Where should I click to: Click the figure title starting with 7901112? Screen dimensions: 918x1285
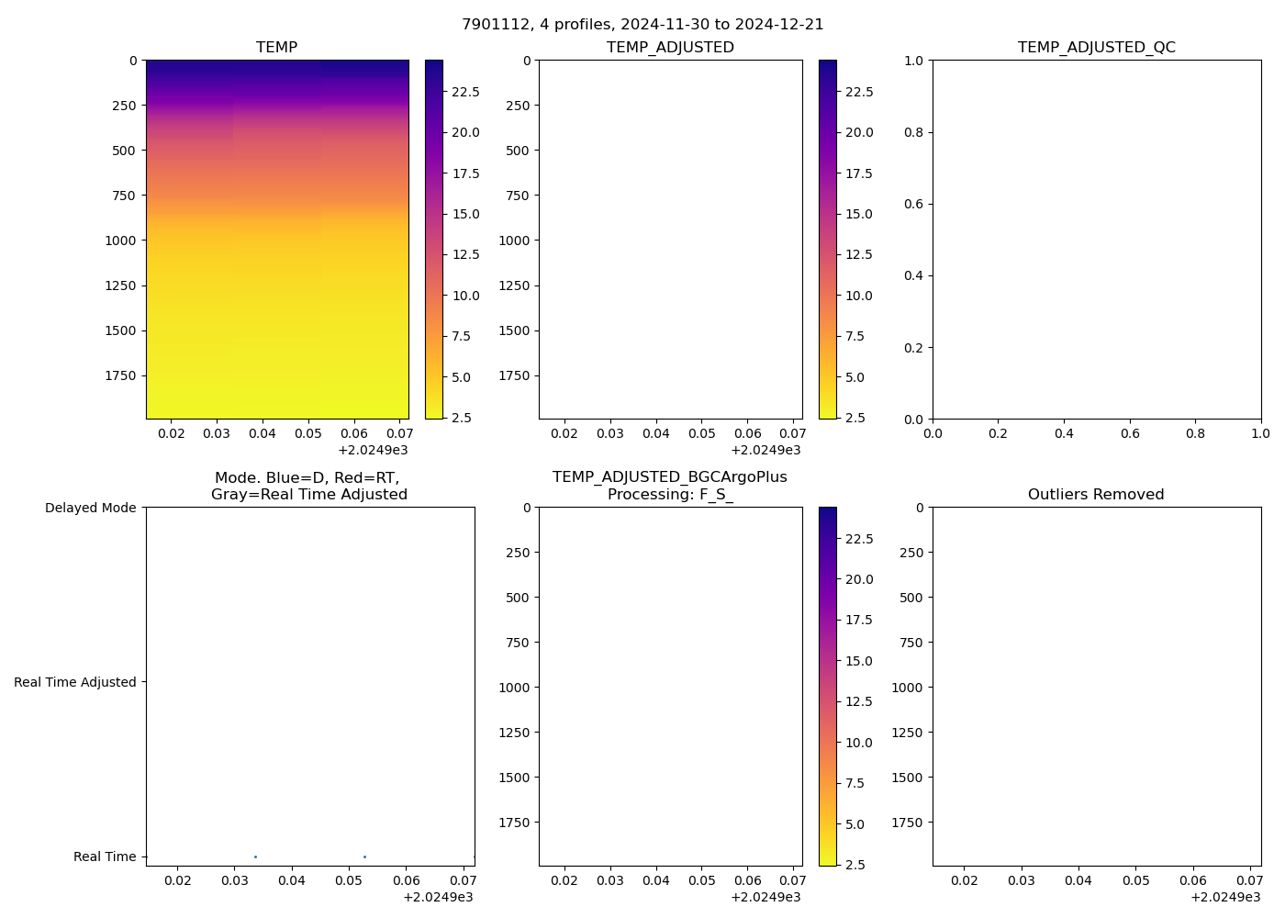coord(642,25)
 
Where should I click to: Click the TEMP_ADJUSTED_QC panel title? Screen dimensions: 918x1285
coord(1096,48)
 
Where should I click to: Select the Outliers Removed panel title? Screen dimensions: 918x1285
coord(1096,495)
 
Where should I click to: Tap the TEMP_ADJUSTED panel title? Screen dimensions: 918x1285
coord(670,48)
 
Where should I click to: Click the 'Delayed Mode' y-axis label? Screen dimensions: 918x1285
coord(90,508)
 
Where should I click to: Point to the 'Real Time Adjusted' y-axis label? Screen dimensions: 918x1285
coord(75,682)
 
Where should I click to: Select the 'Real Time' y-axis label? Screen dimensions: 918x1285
coord(105,856)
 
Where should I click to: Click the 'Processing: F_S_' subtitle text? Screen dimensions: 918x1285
coord(670,495)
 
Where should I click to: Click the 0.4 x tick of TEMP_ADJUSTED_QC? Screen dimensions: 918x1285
coord(1064,433)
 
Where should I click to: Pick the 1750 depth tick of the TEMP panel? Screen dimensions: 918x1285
coord(119,375)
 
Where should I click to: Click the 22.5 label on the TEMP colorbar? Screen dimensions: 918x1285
coord(464,92)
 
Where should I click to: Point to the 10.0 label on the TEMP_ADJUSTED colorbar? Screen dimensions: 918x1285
coord(858,296)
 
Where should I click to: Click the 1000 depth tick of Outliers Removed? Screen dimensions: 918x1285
coord(907,688)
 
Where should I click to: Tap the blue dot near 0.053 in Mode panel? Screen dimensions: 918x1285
coord(364,856)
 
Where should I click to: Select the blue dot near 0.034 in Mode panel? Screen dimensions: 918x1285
coord(255,856)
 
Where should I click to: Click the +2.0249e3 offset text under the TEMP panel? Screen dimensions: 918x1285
coord(373,450)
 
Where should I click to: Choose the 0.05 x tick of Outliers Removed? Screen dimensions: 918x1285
coord(1135,880)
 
